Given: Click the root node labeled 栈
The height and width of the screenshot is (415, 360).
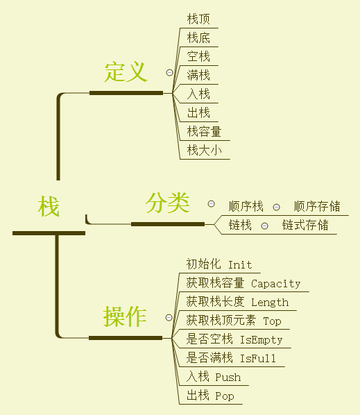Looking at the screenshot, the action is pos(49,206).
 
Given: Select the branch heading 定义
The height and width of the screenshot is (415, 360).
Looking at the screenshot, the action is pos(126,71).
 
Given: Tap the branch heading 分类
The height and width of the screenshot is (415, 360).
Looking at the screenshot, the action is pos(167,203).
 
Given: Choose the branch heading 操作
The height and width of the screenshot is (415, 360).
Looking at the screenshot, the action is pos(125,316).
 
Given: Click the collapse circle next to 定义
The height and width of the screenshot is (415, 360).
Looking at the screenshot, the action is pos(169,72).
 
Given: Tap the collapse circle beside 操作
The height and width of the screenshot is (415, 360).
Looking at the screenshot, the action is pos(169,318).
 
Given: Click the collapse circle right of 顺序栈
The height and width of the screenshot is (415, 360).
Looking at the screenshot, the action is pos(276,207).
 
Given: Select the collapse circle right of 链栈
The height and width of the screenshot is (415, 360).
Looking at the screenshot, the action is pos(264,226).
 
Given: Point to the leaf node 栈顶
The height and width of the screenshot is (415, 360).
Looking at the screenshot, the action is pos(198,19).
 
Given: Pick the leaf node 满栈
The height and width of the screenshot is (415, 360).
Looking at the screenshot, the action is pos(198,75).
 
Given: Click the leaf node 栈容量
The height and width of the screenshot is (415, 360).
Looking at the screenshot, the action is pos(204,132).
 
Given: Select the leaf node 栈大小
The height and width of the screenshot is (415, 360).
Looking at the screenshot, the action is pos(204,151).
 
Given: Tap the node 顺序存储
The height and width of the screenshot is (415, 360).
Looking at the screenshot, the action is pos(317,206).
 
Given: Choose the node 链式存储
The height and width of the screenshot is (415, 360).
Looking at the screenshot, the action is pos(305,226).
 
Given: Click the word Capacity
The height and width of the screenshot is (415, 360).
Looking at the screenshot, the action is pos(276,284).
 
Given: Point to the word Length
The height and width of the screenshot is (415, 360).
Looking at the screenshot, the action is pos(270,303).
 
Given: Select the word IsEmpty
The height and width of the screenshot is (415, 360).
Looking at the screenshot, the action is pos(261,340).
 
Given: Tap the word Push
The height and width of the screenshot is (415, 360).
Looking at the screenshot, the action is pos(228,378).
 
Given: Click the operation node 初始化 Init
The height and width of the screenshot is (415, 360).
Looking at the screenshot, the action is pos(219,264).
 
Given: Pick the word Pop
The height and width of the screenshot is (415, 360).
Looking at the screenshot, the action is pos(225,396).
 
